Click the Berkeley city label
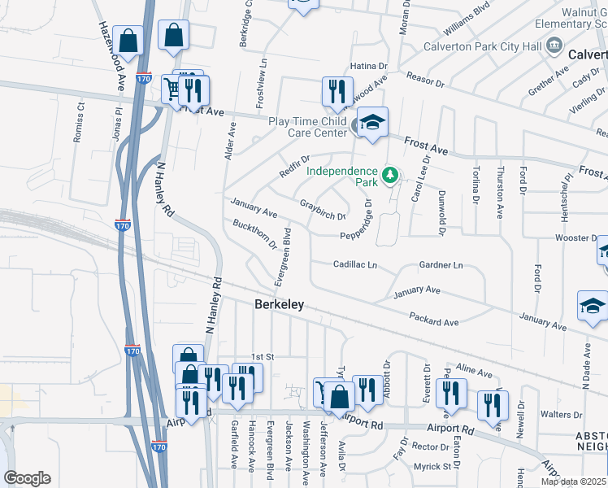[279, 304]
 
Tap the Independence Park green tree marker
[391, 175]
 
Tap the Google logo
[27, 478]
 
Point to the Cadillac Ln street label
[355, 264]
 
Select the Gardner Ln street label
[441, 265]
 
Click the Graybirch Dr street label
[323, 210]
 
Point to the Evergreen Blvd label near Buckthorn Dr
[283, 256]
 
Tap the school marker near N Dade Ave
[592, 306]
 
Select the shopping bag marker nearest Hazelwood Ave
[128, 39]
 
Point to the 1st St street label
[263, 357]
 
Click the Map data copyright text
[573, 481]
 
